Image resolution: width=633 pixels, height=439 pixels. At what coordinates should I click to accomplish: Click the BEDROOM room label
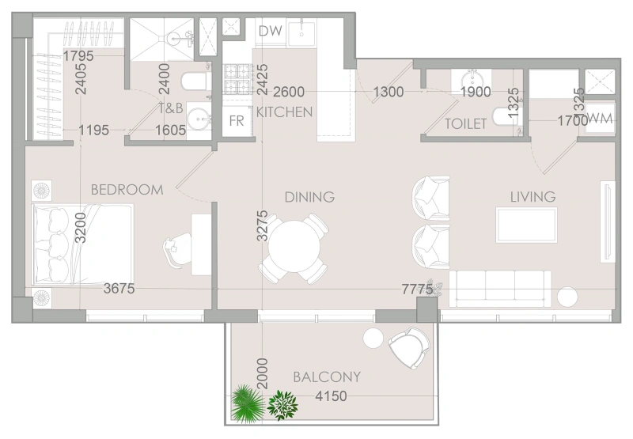point(127,190)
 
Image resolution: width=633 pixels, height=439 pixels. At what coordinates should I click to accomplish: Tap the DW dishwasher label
point(270,31)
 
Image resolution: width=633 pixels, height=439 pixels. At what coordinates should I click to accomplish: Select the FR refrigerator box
point(237,120)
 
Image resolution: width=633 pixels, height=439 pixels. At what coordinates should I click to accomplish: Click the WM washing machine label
point(600,119)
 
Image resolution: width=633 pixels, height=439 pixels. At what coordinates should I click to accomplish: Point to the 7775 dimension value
point(417,289)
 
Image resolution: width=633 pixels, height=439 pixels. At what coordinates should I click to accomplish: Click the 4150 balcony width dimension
point(331,396)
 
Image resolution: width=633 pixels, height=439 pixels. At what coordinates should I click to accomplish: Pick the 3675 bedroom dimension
point(119,289)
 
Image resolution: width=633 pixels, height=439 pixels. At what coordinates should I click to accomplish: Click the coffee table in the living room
point(526,225)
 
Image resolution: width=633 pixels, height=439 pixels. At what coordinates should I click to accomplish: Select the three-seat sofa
point(500,289)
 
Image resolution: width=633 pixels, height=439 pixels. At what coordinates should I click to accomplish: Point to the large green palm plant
point(247,403)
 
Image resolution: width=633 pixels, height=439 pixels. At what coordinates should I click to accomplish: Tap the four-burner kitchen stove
point(237,79)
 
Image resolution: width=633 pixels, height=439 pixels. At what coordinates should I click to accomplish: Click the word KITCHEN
point(285,112)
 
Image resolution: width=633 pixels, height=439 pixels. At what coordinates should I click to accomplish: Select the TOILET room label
point(465,124)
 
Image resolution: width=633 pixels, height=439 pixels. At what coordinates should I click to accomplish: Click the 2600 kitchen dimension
point(289,92)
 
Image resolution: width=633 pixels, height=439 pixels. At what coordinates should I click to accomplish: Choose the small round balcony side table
point(373,338)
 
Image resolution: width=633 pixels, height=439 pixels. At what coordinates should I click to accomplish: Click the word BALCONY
point(327,377)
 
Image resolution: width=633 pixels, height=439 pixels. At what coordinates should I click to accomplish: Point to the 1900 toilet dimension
point(476,92)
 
